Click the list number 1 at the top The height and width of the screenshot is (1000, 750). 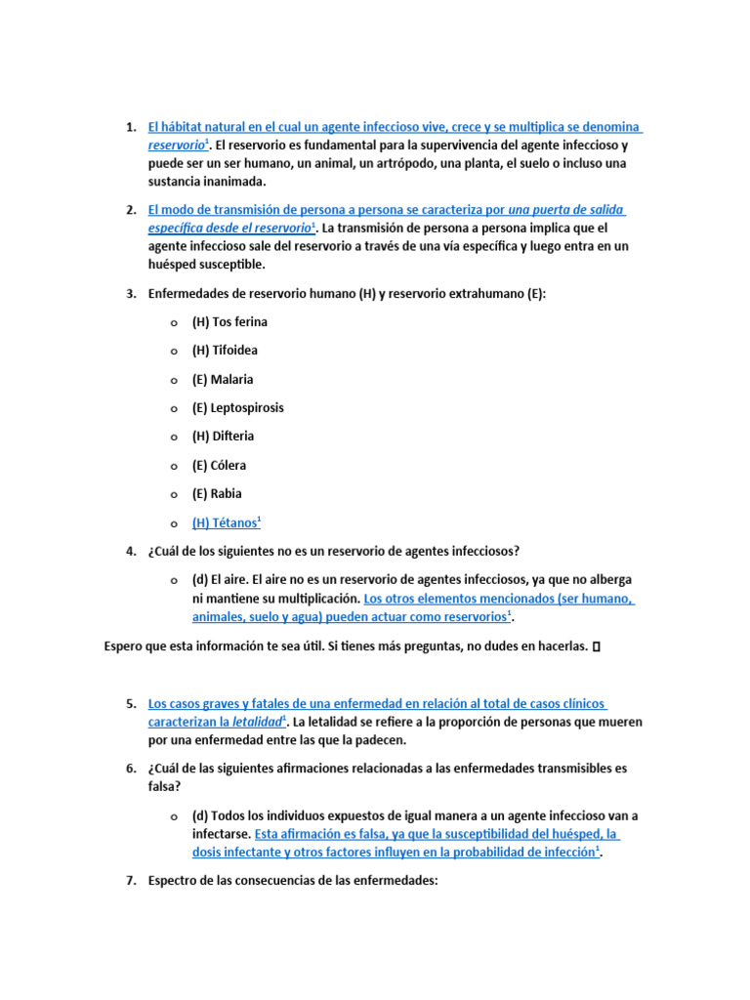pyautogui.click(x=130, y=128)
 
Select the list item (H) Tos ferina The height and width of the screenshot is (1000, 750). pyautogui.click(x=229, y=322)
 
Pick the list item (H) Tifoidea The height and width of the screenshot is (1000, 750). pyautogui.click(x=225, y=351)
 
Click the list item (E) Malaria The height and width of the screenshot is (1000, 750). pyautogui.click(x=223, y=379)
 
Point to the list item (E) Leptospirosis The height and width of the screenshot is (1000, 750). pyautogui.click(x=237, y=408)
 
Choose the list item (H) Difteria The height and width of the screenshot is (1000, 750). pyautogui.click(x=223, y=437)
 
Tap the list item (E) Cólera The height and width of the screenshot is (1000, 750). pyautogui.click(x=219, y=466)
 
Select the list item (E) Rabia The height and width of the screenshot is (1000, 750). pyautogui.click(x=217, y=494)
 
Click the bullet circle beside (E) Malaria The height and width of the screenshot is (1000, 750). pyautogui.click(x=173, y=380)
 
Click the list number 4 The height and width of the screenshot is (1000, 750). pyautogui.click(x=130, y=552)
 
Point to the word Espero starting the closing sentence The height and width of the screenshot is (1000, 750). pyautogui.click(x=124, y=646)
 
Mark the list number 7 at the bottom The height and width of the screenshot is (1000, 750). pyautogui.click(x=130, y=881)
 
